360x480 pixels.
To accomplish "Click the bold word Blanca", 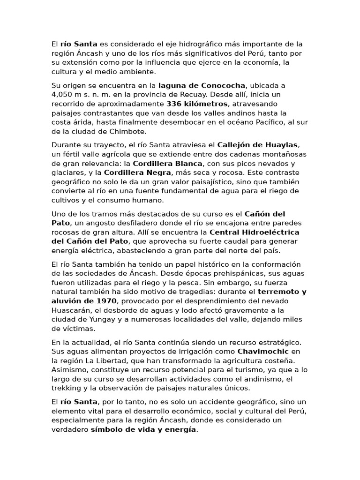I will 188,164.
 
